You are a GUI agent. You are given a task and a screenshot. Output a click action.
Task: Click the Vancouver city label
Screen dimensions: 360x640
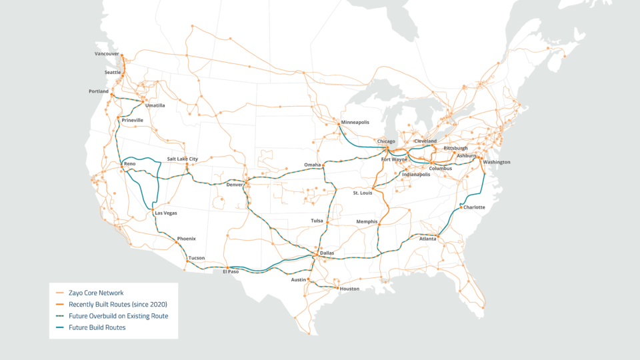tap(107, 53)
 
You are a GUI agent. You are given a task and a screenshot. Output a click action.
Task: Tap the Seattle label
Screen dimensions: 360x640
tap(113, 72)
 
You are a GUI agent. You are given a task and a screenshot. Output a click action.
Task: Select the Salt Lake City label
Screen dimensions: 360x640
tap(182, 159)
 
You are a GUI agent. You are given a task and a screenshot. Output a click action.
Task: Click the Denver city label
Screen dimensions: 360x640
tap(235, 185)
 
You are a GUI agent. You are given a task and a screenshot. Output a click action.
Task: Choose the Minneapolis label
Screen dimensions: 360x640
tap(355, 123)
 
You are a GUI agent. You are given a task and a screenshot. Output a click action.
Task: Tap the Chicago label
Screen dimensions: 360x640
tap(386, 141)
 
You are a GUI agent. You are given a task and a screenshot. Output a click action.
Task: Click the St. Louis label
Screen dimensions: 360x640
tap(363, 193)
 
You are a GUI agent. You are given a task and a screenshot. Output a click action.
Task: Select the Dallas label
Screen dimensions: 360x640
tap(327, 253)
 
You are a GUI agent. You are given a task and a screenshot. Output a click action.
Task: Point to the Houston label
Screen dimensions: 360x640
tap(349, 289)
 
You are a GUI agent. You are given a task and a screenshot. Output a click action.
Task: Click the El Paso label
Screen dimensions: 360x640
tap(230, 271)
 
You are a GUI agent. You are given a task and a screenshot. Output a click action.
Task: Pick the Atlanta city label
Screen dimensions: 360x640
tap(428, 238)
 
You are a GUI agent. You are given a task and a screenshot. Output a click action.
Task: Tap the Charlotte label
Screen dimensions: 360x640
tap(474, 207)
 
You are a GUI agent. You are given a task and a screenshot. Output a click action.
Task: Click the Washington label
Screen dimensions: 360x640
tap(497, 162)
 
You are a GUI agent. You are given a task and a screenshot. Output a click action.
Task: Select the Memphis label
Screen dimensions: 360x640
tap(367, 221)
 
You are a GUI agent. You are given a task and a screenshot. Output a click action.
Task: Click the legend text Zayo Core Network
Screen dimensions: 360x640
tap(96, 293)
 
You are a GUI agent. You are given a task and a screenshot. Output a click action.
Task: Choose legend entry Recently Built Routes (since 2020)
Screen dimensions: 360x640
tap(117, 304)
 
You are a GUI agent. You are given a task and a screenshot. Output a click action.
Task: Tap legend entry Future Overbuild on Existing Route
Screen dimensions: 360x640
tap(118, 316)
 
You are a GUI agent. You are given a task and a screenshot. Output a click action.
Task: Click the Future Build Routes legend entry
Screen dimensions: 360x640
tap(97, 327)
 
